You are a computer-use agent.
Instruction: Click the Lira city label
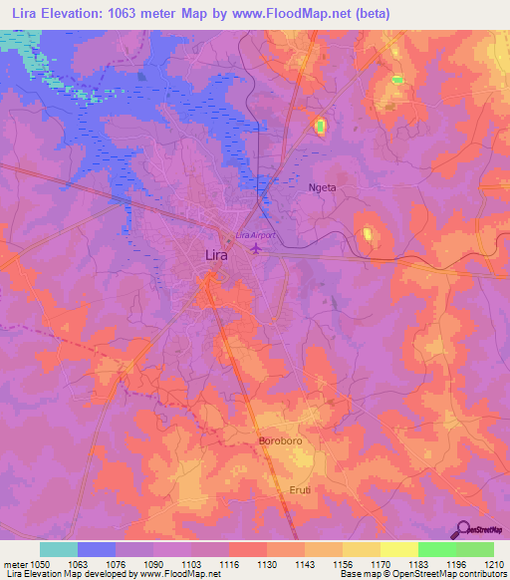tap(215, 255)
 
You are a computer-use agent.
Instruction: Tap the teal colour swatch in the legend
tap(59, 549)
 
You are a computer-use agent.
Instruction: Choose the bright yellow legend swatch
tap(398, 549)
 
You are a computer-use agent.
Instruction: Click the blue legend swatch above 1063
tap(97, 549)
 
